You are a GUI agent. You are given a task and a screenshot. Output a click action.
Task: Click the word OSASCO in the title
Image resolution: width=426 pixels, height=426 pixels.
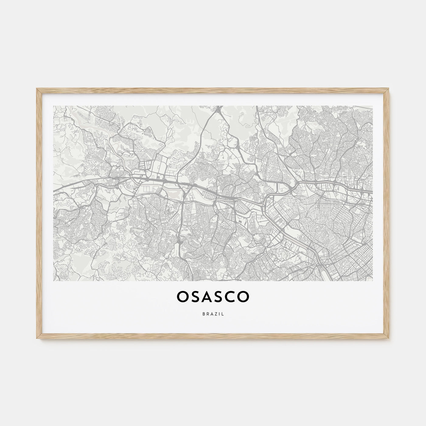tap(213, 297)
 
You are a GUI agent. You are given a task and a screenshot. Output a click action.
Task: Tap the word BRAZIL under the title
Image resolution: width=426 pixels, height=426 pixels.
tap(213, 314)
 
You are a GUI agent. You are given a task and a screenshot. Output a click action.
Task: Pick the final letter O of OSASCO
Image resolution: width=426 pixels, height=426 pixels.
tap(243, 297)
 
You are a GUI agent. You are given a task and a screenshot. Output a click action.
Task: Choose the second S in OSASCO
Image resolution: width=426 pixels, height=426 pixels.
tap(219, 297)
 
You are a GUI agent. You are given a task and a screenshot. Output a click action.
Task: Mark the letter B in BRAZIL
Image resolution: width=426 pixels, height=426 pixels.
tap(203, 314)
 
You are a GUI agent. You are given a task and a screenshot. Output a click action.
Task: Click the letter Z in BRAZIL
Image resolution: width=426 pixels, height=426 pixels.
tap(215, 314)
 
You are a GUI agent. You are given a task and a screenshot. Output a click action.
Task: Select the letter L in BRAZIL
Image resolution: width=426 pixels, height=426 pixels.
tap(223, 314)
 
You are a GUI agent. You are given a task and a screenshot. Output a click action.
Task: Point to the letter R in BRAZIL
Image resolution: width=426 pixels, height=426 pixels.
tap(207, 314)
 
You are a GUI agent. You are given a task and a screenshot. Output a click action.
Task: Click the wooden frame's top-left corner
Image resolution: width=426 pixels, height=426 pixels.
tap(37, 89)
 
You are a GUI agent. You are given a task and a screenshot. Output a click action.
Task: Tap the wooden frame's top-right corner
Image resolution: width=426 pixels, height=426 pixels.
tap(389, 89)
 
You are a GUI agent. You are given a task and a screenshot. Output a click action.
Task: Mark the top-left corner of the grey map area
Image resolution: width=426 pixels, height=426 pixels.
tap(53, 106)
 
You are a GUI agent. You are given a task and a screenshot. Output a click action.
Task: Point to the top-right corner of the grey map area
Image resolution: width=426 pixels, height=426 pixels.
tap(373, 106)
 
